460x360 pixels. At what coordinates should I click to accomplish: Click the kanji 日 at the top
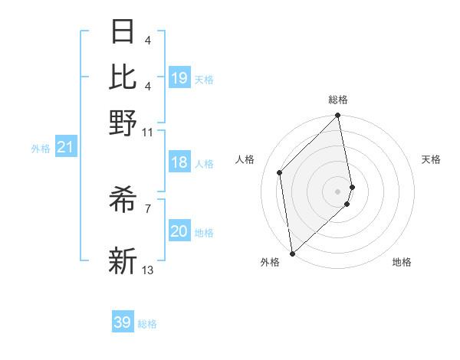[123, 31]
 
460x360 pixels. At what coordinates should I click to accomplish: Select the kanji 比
[123, 77]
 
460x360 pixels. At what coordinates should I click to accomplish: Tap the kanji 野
[123, 123]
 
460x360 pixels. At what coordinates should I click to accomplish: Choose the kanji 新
[123, 260]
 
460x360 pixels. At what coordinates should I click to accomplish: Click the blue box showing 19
[179, 78]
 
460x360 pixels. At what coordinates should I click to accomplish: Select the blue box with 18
[179, 162]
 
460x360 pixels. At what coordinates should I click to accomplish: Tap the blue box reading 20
[179, 231]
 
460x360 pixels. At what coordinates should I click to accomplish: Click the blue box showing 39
[123, 322]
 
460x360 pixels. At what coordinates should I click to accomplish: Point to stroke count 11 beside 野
[148, 132]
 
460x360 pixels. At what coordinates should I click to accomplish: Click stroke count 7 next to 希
[148, 208]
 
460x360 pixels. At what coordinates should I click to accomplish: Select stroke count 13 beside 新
[148, 270]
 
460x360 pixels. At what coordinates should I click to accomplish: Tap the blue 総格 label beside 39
[147, 324]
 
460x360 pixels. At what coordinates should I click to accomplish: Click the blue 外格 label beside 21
[41, 149]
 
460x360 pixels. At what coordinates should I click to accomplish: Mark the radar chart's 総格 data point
[337, 116]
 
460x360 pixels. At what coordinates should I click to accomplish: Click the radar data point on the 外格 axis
[292, 253]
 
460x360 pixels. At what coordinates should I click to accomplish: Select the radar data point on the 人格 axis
[280, 172]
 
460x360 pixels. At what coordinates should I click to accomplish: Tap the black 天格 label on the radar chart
[431, 159]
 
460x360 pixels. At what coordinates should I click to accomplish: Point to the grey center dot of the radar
[337, 191]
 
